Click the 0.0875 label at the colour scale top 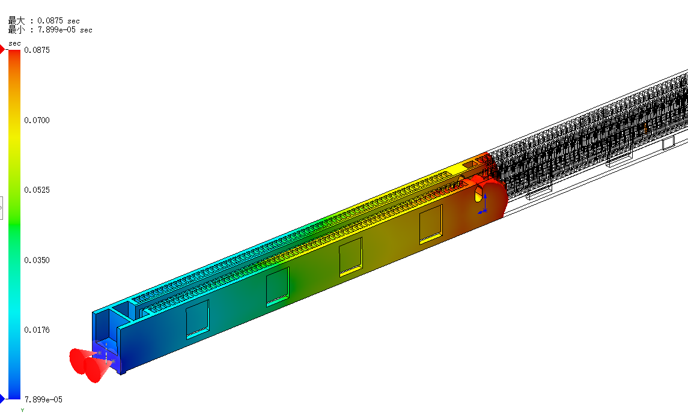pyautogui.click(x=37, y=50)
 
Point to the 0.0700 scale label pyautogui.click(x=37, y=120)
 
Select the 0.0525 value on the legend pyautogui.click(x=37, y=190)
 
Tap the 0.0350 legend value pyautogui.click(x=37, y=260)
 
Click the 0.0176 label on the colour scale pyautogui.click(x=37, y=330)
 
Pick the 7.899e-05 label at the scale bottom pyautogui.click(x=43, y=399)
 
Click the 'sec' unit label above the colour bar pyautogui.click(x=14, y=43)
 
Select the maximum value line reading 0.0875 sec pyautogui.click(x=44, y=20)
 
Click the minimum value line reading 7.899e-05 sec pyautogui.click(x=50, y=30)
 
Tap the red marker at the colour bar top pyautogui.click(x=2, y=50)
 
